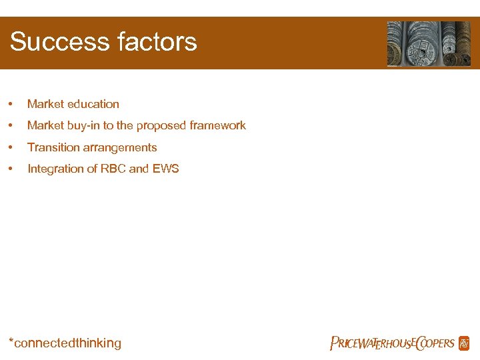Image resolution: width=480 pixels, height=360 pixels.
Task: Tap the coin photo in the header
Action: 429,43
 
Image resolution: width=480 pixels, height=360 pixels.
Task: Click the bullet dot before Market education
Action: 10,105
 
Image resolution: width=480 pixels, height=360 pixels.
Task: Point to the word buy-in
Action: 82,125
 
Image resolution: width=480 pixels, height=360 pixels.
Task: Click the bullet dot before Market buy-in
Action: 10,126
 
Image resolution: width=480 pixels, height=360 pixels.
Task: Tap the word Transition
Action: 53,147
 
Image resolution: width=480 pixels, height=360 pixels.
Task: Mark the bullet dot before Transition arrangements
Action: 10,148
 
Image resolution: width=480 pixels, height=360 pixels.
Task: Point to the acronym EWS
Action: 165,169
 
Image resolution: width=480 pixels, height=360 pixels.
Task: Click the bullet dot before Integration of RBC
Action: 10,169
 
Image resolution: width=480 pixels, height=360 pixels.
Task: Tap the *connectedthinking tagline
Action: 65,343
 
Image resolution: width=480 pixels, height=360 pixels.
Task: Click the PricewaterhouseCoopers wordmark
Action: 392,344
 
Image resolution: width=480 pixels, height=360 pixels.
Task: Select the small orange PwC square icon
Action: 464,343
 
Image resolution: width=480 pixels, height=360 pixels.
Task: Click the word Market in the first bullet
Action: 44,104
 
